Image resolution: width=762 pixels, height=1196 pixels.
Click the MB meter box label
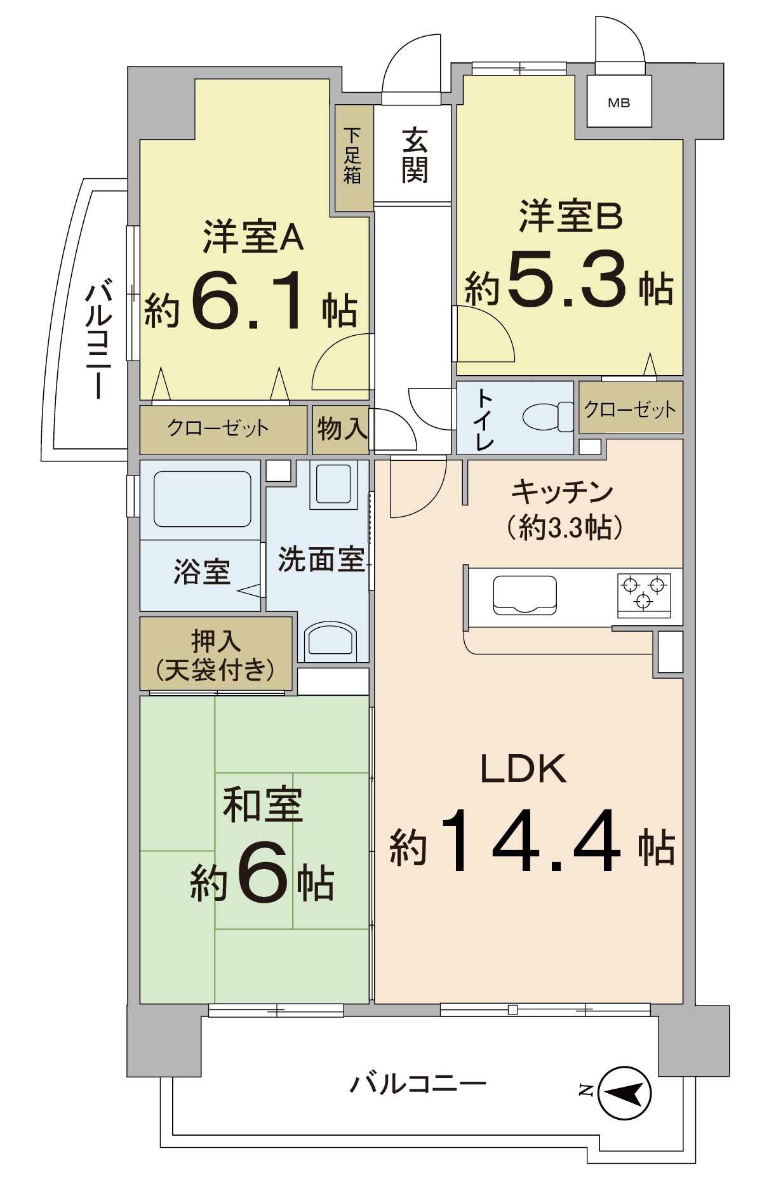618,103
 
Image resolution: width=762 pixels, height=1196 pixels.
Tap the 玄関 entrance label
415,156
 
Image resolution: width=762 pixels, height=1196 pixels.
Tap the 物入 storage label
342,430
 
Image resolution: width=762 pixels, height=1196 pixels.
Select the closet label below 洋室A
218,429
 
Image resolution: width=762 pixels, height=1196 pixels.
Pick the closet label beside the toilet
629,409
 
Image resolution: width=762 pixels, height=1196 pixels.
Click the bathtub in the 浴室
202,499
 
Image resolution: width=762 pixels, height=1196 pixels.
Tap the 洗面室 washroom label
321,559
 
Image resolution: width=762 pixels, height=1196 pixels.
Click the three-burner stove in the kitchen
644,593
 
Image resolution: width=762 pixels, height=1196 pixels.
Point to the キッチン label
563,492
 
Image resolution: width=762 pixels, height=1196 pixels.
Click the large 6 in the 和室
262,873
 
